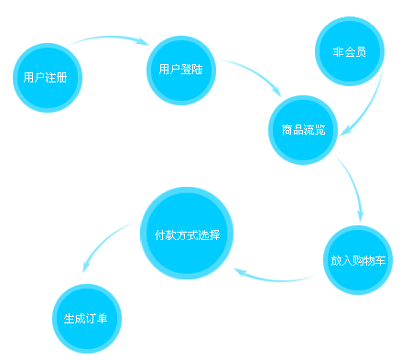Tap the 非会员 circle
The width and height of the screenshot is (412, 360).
pos(349,51)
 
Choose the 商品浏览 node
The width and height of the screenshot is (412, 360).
pos(303,128)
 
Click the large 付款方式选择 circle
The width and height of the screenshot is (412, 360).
pos(188,233)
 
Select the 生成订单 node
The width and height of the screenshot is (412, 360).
pos(86,319)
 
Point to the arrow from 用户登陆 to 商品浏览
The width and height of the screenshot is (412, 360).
pos(251,72)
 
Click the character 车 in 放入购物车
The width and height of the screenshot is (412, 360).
pos(380,260)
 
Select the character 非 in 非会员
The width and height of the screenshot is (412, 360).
pos(338,52)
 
